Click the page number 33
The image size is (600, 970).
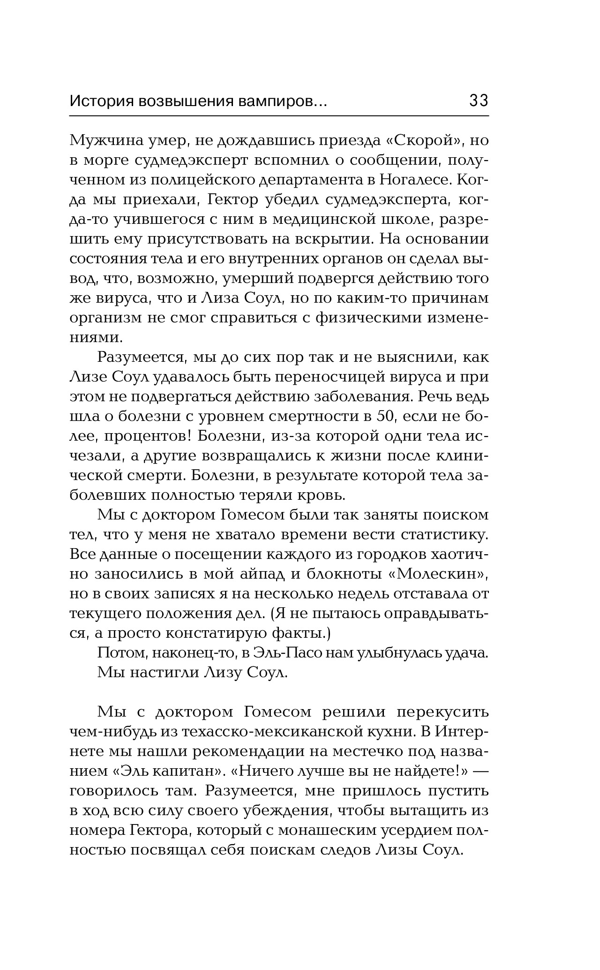(x=478, y=100)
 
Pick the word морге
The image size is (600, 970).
(x=105, y=160)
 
